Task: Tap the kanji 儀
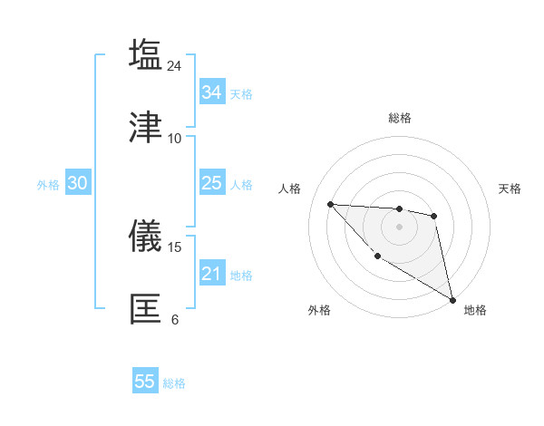[x=145, y=236]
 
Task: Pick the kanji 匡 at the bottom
[x=145, y=308]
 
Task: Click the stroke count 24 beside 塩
[x=175, y=65]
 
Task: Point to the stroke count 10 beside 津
[x=175, y=138]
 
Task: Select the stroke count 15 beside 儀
[x=175, y=247]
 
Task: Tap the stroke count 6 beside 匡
[x=175, y=319]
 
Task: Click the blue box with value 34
[x=211, y=92]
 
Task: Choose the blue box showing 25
[x=211, y=183]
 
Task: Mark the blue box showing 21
[x=211, y=274]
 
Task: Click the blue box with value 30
[x=77, y=183]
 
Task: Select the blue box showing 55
[x=145, y=382]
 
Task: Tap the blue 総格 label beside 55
[x=174, y=383]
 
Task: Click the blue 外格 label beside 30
[x=48, y=185]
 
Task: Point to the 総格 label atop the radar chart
[x=400, y=118]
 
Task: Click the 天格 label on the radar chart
[x=510, y=189]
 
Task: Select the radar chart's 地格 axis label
[x=475, y=310]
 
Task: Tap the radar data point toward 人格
[x=331, y=204]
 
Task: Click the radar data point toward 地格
[x=453, y=300]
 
